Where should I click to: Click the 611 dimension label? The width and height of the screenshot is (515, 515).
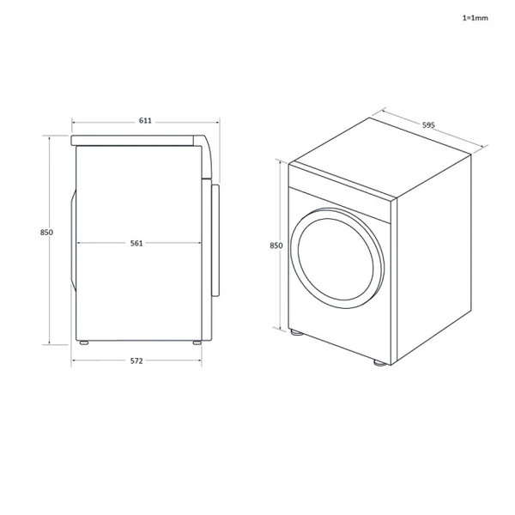[x=145, y=121]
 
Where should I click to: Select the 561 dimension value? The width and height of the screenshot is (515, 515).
[x=136, y=243]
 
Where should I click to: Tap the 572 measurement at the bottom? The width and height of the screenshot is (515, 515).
[x=136, y=360]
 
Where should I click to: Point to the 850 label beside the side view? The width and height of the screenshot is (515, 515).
[x=46, y=233]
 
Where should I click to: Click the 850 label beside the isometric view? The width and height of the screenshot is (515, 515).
[x=276, y=245]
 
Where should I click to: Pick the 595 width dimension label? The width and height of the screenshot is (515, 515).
[x=428, y=125]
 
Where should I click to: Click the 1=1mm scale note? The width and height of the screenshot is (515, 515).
[x=475, y=16]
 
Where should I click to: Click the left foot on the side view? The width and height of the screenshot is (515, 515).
[x=84, y=343]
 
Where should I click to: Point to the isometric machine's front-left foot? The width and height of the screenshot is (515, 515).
[x=295, y=332]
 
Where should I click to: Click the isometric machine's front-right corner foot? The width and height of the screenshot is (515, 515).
[x=379, y=364]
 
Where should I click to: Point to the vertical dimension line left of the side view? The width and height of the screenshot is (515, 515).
[x=51, y=283]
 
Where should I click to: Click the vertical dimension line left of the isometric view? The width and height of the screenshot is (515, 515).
[x=280, y=292]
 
